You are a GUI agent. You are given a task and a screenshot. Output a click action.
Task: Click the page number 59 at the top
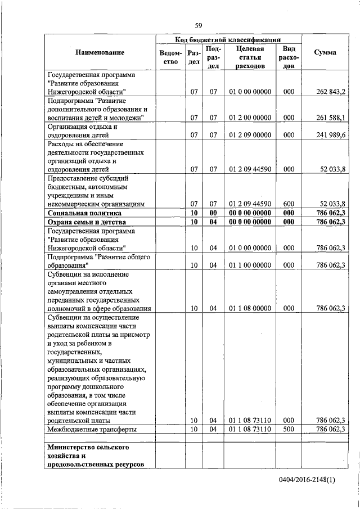click(x=199, y=25)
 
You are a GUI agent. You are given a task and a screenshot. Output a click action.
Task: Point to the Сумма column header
click(x=325, y=52)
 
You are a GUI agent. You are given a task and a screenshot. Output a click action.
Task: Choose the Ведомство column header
click(x=170, y=57)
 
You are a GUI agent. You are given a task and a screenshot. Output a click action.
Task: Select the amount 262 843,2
click(x=331, y=92)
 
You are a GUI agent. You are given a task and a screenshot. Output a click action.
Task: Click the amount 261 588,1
click(x=331, y=118)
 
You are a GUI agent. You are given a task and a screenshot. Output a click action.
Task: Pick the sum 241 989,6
click(x=331, y=136)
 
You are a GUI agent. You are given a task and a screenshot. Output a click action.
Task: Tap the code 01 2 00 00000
click(x=250, y=118)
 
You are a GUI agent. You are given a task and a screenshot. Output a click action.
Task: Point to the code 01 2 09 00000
click(x=250, y=136)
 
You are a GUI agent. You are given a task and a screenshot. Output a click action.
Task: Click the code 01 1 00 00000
click(x=250, y=265)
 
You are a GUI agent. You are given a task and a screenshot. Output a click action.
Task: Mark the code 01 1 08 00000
click(x=250, y=308)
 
